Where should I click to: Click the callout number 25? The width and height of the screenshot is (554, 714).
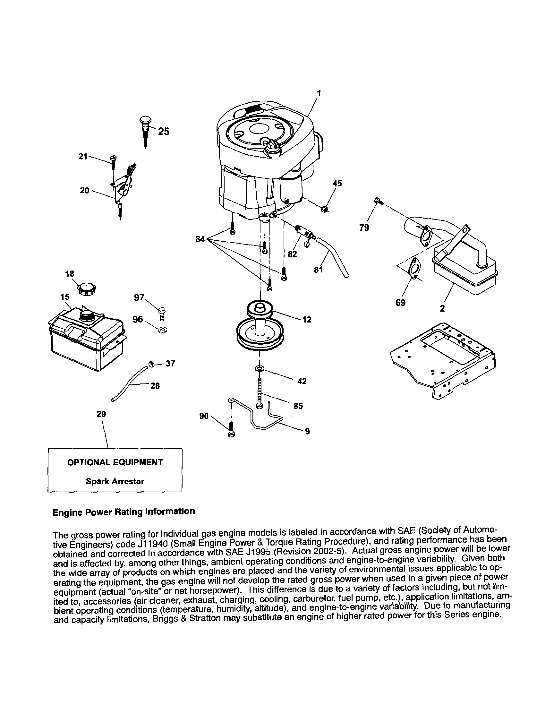point(164,132)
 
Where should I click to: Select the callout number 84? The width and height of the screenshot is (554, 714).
point(200,239)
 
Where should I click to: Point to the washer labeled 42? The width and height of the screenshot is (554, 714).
point(260,368)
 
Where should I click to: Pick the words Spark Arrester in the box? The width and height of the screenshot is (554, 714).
point(115,481)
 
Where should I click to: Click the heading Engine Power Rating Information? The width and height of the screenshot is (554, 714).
point(124,512)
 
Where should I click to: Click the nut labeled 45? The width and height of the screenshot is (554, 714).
point(324,209)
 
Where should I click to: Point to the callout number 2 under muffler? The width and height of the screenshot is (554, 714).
point(442,308)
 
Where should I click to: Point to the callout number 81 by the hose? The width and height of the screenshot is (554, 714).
point(318,270)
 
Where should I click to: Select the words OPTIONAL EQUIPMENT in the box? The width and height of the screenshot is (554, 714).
point(115,463)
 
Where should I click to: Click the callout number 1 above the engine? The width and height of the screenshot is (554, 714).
point(319,93)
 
